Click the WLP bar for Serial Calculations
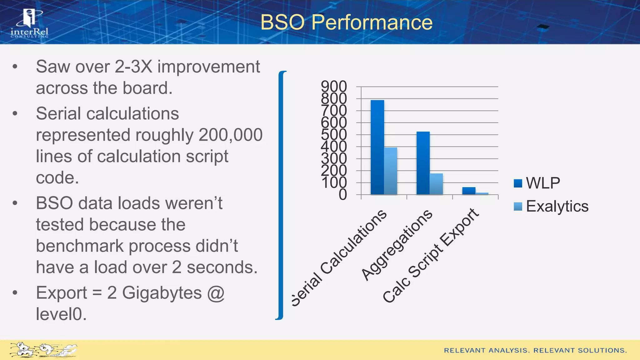[377, 147]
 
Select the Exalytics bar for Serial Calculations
[391, 171]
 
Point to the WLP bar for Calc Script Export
[469, 191]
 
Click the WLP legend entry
[537, 183]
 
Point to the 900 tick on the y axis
[334, 87]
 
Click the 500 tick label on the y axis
[334, 135]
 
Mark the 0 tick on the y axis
[343, 195]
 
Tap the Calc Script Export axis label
[431, 255]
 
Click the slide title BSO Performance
[346, 22]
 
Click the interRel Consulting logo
[29, 23]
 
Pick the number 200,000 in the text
[230, 135]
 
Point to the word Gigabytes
[162, 293]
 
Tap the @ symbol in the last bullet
[215, 293]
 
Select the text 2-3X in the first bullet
[133, 67]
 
